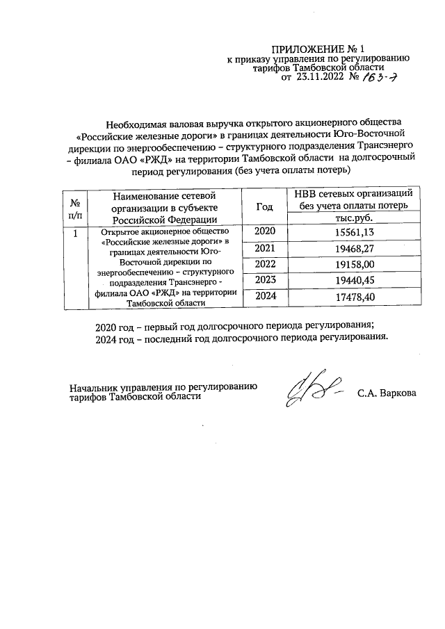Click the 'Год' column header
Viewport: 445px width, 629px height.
(x=265, y=206)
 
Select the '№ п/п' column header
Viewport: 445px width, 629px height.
(x=74, y=206)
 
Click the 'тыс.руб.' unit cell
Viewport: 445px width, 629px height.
(x=355, y=217)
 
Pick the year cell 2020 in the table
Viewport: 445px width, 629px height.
(x=265, y=231)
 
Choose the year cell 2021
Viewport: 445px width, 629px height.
(x=265, y=248)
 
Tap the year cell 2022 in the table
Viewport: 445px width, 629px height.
(x=265, y=264)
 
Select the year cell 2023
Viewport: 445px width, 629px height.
(x=265, y=280)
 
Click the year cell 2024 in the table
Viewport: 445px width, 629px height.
(x=265, y=297)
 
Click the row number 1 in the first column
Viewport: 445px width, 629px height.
(x=74, y=232)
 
